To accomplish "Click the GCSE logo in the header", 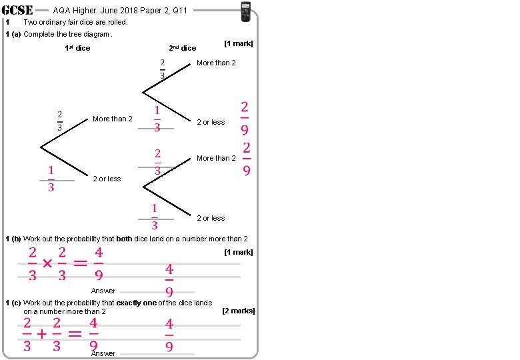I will click(18, 10).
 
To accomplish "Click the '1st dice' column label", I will click(77, 48).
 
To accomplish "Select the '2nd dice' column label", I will click(182, 48).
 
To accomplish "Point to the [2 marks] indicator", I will click(238, 311).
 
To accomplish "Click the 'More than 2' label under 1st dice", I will click(112, 119).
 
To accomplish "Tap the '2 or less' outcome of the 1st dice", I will click(107, 179).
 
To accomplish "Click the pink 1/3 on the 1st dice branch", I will click(51, 179).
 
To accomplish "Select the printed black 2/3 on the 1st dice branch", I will click(59, 121).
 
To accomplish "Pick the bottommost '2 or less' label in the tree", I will click(211, 218).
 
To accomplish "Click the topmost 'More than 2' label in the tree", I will click(216, 63).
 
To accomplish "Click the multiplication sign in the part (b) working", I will click(47, 263).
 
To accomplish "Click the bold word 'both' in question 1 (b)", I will click(124, 239).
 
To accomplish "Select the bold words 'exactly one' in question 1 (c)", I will click(136, 303).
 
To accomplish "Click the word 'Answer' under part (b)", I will click(103, 291).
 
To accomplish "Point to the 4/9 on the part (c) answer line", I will click(169, 335).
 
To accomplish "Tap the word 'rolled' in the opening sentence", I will click(113, 22).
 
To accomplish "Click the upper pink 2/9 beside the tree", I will click(245, 118).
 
